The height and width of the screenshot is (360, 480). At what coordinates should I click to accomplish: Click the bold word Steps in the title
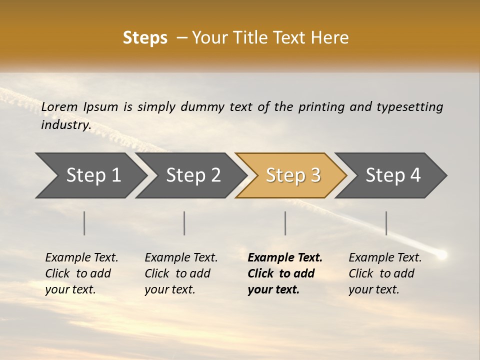pyautogui.click(x=145, y=38)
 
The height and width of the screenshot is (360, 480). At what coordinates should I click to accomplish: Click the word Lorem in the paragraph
pyautogui.click(x=59, y=106)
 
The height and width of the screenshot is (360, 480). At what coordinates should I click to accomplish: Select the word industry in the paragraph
pyautogui.click(x=65, y=125)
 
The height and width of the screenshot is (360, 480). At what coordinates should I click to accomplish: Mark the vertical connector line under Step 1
pyautogui.click(x=84, y=223)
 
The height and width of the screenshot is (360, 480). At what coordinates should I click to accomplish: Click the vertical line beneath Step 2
pyautogui.click(x=184, y=223)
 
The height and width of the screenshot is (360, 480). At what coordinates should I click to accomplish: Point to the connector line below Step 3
pyautogui.click(x=285, y=223)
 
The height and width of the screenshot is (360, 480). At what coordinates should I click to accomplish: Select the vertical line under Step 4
pyautogui.click(x=386, y=223)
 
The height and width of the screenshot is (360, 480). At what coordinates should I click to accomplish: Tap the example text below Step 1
pyautogui.click(x=81, y=273)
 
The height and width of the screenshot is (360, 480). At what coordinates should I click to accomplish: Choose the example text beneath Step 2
pyautogui.click(x=181, y=273)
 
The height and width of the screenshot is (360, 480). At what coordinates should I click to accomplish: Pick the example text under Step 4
pyautogui.click(x=385, y=273)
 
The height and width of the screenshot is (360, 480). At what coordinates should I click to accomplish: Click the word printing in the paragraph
pyautogui.click(x=321, y=107)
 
